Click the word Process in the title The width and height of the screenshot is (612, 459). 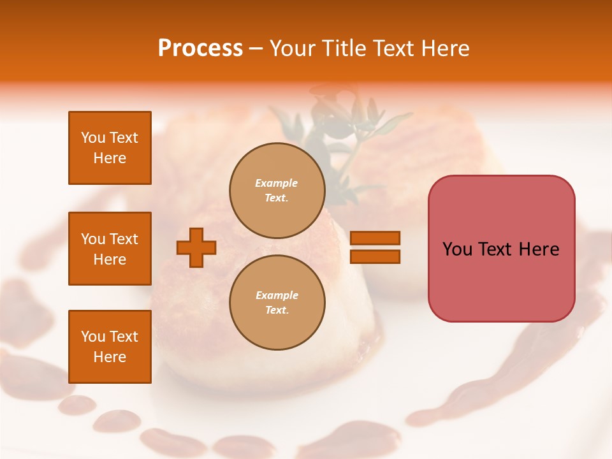[200, 48]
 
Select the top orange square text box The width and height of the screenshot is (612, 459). [110, 148]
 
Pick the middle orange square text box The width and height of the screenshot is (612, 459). [110, 249]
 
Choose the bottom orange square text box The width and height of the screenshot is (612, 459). [110, 346]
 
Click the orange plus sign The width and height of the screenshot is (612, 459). [196, 247]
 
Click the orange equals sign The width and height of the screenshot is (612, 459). [375, 247]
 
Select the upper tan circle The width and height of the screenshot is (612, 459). [277, 190]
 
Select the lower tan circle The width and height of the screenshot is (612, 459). [277, 302]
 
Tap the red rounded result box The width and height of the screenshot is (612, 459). [501, 249]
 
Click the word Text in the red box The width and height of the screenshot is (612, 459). [497, 249]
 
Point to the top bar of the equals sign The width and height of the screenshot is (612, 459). [375, 238]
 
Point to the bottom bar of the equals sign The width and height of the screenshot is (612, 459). [375, 257]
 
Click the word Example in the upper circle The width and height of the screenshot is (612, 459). [276, 183]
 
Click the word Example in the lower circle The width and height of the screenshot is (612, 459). [277, 295]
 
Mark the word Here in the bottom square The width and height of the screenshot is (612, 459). [110, 357]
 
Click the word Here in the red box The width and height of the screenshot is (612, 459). [539, 249]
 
